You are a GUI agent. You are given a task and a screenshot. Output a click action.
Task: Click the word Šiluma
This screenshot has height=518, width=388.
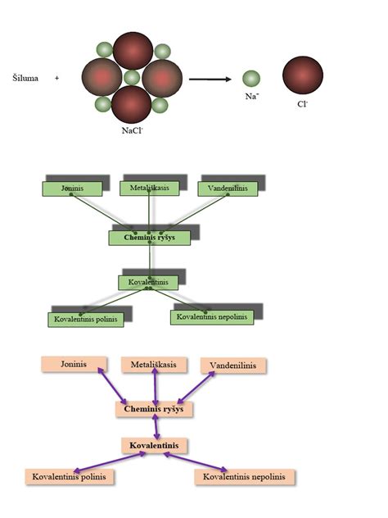25,79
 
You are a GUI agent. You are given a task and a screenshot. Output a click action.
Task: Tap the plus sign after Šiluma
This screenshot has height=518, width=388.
56,79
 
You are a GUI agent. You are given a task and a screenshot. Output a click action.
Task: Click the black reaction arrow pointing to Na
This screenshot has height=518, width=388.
210,80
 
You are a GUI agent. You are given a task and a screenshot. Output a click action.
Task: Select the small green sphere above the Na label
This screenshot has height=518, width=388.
251,79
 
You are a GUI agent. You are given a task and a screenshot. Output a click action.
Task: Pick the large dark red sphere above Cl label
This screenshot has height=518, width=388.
303,75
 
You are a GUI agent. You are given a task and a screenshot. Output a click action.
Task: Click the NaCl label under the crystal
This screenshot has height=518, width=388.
132,130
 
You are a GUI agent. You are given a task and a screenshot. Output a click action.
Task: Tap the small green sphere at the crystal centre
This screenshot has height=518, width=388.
132,78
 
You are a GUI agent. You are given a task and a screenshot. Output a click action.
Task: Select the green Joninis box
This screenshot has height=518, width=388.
72,189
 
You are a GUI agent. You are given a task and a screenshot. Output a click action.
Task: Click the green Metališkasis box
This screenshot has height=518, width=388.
150,189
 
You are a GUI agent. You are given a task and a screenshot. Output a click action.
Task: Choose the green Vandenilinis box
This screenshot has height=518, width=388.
228,189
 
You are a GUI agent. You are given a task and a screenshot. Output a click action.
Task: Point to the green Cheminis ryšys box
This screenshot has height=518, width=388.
150,238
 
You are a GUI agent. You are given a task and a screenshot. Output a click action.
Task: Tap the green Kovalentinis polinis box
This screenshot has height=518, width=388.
86,320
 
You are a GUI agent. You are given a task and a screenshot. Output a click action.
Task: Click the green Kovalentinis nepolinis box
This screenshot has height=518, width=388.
212,317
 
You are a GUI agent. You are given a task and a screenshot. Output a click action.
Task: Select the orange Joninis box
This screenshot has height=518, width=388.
74,365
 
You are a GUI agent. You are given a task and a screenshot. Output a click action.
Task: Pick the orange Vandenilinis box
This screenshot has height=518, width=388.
233,366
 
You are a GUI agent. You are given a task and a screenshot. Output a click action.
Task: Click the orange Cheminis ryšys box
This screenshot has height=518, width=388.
154,409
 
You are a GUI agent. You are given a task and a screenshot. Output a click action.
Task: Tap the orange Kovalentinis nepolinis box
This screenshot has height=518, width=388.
245,477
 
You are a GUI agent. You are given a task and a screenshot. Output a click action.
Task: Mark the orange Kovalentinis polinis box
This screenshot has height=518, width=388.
70,477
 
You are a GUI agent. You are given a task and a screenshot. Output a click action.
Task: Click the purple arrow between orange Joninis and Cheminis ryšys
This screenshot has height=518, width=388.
112,386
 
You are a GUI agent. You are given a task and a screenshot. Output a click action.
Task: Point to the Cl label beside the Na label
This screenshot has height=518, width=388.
302,104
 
